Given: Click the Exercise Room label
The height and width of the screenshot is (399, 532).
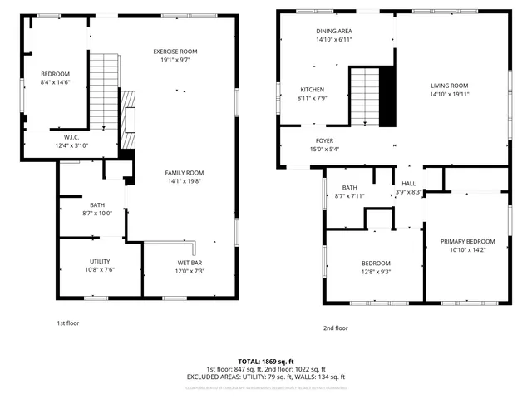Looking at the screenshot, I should point(175,52).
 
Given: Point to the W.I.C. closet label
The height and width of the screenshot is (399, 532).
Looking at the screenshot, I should point(71,137).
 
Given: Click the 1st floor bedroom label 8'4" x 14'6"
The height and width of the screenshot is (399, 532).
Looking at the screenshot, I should point(55,82).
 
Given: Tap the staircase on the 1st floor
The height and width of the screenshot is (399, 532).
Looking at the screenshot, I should point(105,91).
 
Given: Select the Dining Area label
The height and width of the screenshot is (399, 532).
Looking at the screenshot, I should point(334,31).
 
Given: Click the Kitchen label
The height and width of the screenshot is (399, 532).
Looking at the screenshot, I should point(313,90).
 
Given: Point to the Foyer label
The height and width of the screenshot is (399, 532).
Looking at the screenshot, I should point(324,140).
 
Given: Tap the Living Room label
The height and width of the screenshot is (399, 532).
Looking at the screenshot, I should point(449,86).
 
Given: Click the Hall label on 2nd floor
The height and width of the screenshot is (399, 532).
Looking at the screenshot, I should point(408,183).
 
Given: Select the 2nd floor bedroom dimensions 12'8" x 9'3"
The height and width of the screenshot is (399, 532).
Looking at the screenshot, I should point(376,271).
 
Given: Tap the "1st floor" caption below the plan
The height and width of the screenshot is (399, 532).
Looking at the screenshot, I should point(68,323).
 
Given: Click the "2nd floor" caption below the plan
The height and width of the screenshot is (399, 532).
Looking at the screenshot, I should point(336,328).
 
